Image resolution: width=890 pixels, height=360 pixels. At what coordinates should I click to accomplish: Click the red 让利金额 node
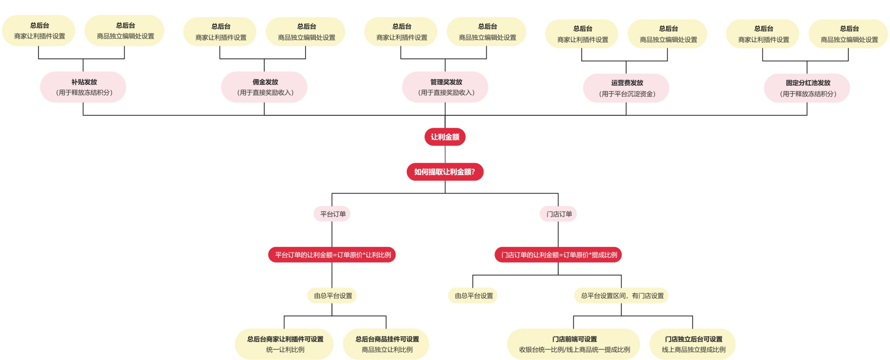point(445,137)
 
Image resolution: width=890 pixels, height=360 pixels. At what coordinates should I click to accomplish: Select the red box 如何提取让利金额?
point(445,172)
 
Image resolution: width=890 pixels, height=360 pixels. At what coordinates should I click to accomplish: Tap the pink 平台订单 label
point(332,214)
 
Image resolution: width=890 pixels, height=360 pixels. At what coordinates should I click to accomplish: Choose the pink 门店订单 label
point(559,214)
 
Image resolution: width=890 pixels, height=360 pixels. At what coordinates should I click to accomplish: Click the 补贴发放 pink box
point(83,87)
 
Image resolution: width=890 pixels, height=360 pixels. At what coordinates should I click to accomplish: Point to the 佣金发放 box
point(264,87)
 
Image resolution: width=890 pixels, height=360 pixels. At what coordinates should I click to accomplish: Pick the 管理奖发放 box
point(445,87)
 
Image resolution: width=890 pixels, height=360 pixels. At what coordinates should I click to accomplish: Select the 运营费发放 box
point(626,88)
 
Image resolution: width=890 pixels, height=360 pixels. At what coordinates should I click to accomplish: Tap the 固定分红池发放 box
point(807,88)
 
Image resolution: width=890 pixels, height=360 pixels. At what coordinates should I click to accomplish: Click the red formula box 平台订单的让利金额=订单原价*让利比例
point(332,255)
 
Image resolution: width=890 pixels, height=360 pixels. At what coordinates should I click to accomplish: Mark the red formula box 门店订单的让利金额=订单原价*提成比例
point(559,255)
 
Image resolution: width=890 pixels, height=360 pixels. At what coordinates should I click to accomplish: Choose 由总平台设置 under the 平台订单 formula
point(332,296)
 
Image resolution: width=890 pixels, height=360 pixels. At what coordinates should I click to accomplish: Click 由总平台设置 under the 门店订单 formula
point(473,296)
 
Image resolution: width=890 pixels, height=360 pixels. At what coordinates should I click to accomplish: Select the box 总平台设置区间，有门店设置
point(622,296)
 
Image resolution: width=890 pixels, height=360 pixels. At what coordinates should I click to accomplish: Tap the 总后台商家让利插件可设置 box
point(285,344)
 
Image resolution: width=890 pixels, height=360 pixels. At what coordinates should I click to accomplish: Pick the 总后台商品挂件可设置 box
point(387,344)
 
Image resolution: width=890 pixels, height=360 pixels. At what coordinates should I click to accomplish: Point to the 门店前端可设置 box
point(574,344)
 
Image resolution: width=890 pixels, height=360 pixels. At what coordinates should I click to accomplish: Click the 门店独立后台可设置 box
point(693,344)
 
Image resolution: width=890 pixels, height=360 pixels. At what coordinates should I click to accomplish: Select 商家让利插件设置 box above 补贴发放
point(39,31)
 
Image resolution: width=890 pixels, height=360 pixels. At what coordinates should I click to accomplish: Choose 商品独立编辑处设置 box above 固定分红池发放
point(849,34)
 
